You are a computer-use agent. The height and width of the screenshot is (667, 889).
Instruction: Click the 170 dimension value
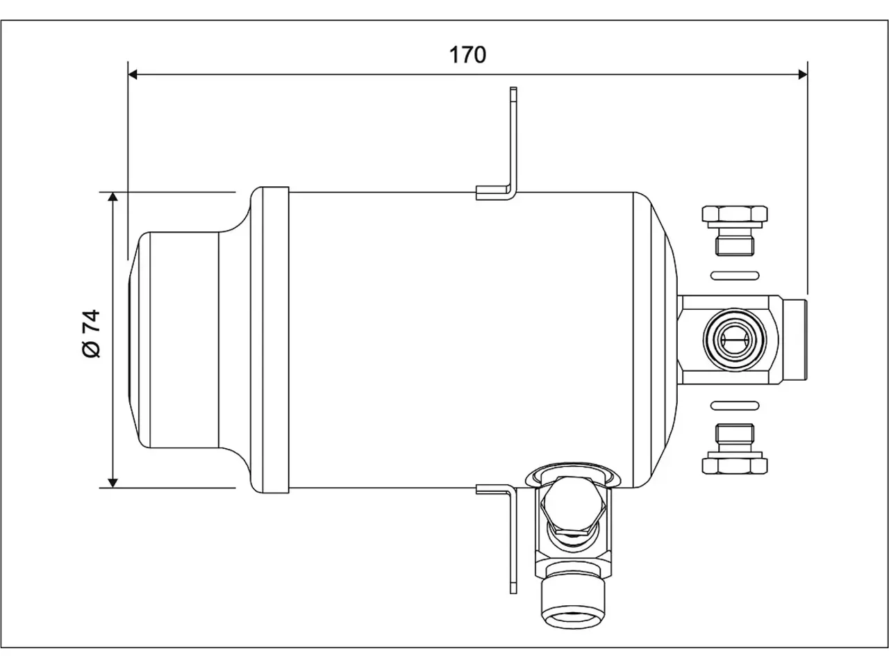pyautogui.click(x=467, y=55)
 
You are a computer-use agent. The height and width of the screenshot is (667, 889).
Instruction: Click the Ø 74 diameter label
pyautogui.click(x=92, y=333)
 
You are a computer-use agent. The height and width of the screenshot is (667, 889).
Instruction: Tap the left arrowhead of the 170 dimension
pyautogui.click(x=133, y=74)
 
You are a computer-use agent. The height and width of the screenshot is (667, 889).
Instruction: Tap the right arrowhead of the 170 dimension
pyautogui.click(x=803, y=74)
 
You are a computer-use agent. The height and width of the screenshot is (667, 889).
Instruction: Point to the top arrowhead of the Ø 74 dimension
pyautogui.click(x=113, y=197)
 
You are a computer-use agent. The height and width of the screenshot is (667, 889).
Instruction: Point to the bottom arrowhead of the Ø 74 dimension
pyautogui.click(x=113, y=483)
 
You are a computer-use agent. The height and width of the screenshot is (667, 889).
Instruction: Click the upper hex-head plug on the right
pyautogui.click(x=735, y=231)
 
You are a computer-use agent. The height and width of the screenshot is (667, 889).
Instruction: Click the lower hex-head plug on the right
pyautogui.click(x=735, y=449)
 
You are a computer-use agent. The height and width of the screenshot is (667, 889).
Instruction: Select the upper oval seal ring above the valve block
pyautogui.click(x=735, y=276)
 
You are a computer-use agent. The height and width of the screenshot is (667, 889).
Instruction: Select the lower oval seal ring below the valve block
pyautogui.click(x=735, y=405)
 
